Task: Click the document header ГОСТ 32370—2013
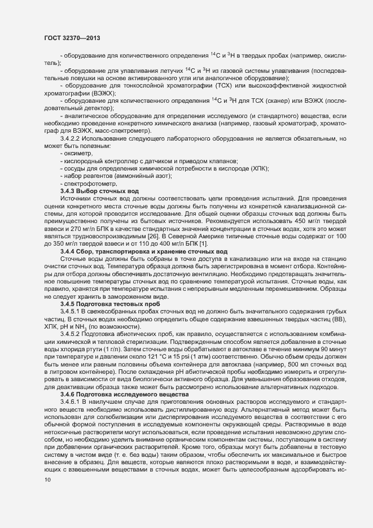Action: pos(69,37)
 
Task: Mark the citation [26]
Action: pos(153,238)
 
